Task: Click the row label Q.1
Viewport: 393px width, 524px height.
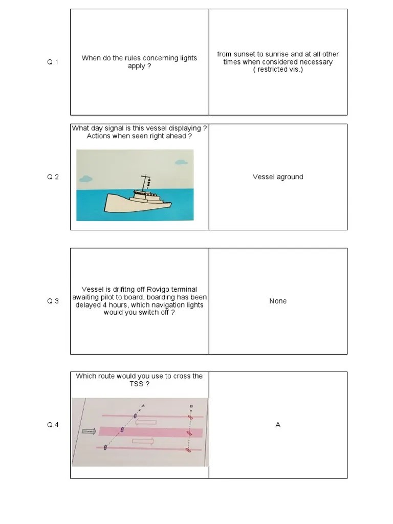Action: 53,62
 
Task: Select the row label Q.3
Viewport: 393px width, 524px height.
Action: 53,301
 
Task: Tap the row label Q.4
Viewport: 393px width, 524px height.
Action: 53,425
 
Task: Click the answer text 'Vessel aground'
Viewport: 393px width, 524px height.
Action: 278,177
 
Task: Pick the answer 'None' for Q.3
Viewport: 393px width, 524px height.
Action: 278,301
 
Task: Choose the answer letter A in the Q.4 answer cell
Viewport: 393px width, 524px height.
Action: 278,425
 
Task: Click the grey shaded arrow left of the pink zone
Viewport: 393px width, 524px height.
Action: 89,431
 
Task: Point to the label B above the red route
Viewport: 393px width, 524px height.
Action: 191,406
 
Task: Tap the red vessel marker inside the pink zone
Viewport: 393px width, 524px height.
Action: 190,433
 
